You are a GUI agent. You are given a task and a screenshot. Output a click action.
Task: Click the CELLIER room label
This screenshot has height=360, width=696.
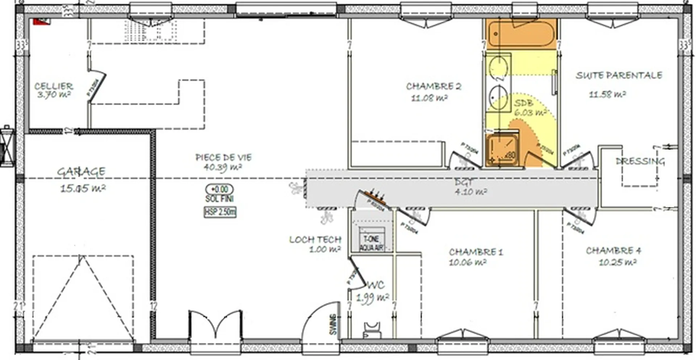[54, 86]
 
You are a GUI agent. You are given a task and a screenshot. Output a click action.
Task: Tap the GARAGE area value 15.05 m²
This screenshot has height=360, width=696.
[83, 188]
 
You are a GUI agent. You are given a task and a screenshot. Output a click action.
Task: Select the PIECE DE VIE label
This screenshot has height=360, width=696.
[223, 157]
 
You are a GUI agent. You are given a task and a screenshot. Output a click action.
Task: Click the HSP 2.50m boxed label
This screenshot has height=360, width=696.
[220, 212]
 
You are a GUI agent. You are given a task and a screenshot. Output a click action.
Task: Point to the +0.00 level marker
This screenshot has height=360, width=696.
[220, 189]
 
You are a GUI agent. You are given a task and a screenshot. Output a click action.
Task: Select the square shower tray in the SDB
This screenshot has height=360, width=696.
[502, 150]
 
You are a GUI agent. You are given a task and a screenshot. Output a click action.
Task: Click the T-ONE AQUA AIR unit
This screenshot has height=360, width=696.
[372, 241]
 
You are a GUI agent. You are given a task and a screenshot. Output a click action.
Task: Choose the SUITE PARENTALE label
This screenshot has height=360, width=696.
[619, 75]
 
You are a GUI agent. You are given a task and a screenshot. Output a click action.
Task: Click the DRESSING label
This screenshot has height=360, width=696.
[640, 161]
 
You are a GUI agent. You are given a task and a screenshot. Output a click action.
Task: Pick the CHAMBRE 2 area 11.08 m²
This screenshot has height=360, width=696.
[429, 98]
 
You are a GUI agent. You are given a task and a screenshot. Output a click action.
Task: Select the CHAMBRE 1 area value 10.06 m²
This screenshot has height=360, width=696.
[468, 262]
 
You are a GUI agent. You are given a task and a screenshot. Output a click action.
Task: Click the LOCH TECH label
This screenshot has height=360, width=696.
[315, 239]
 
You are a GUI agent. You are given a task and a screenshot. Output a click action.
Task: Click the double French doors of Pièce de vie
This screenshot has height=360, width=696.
[215, 324]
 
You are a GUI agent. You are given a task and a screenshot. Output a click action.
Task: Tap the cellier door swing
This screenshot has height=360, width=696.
[96, 85]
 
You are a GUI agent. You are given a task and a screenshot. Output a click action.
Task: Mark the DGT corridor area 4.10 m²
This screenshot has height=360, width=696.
[471, 191]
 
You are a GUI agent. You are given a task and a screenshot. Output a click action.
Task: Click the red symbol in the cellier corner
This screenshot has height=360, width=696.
[41, 21]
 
